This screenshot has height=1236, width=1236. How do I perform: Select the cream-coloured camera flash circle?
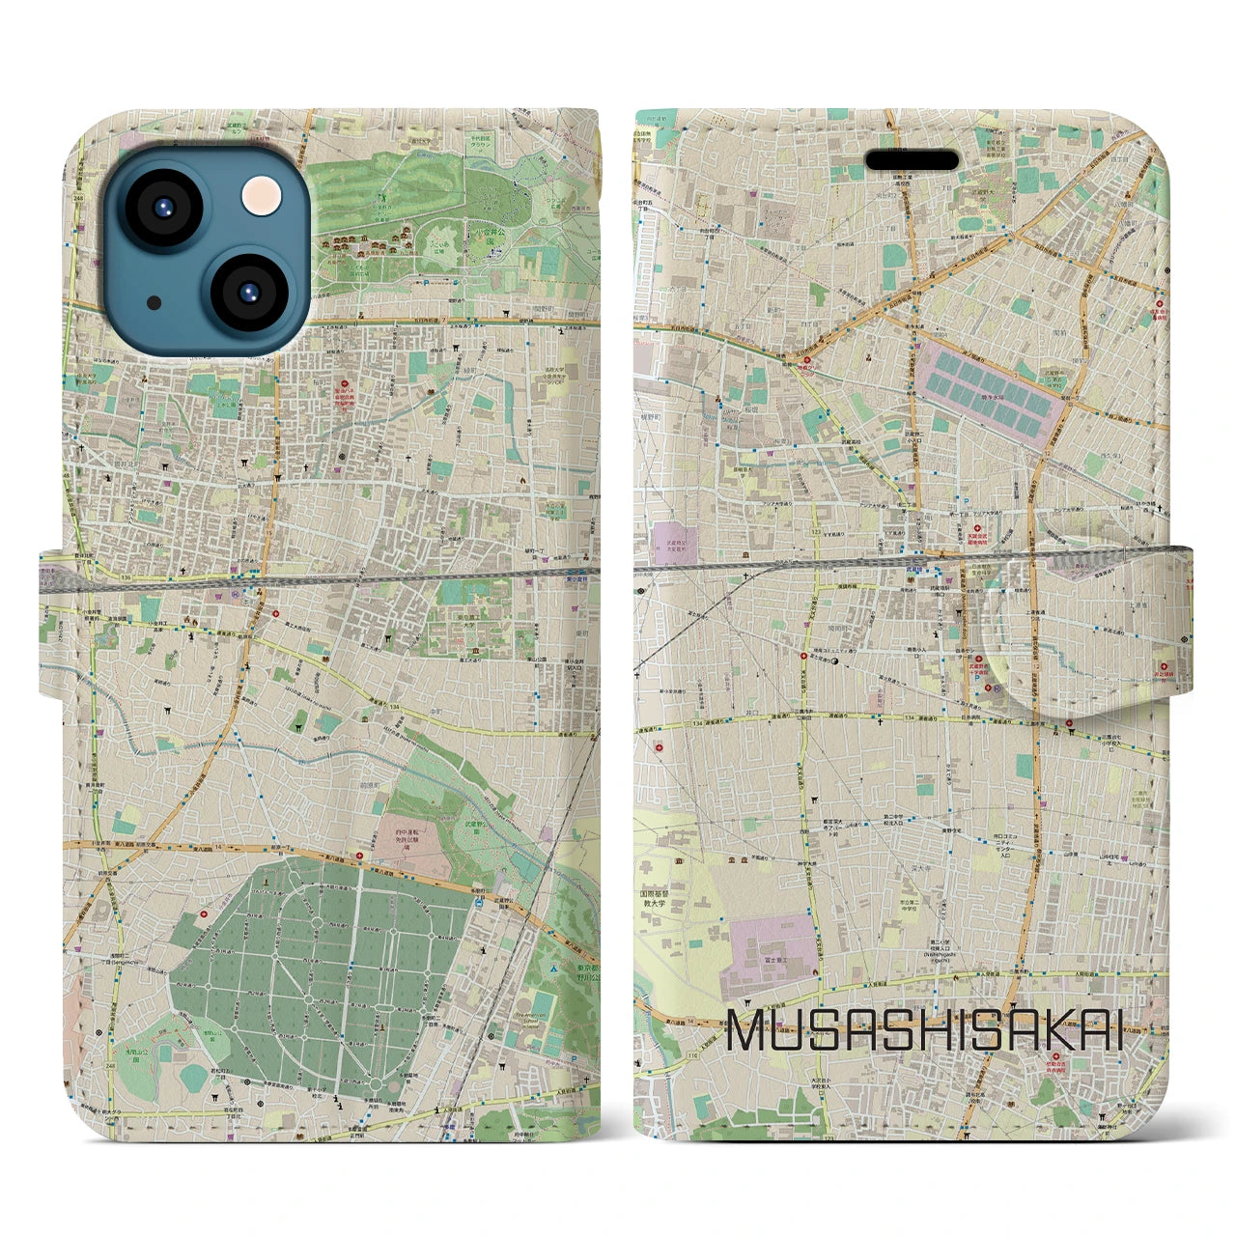[260, 197]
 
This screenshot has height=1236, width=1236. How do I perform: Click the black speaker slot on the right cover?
[911, 160]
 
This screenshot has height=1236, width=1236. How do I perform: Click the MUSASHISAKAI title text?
[924, 1029]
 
